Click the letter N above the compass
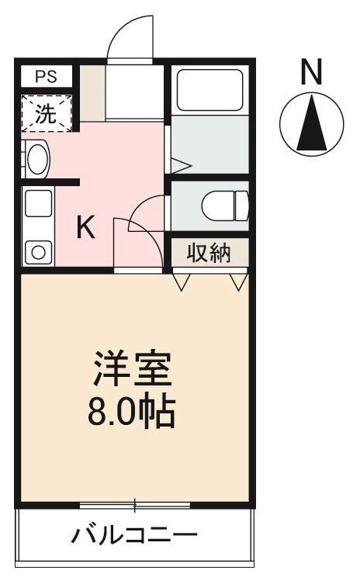(x=311, y=73)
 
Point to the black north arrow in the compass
(x=311, y=122)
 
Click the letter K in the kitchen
(x=85, y=228)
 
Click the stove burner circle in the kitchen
(x=36, y=251)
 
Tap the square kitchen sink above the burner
(x=36, y=205)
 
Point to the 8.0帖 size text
(x=132, y=412)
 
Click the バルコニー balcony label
(x=135, y=534)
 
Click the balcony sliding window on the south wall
(x=135, y=506)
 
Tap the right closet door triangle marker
(x=239, y=280)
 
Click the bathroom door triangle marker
(x=180, y=164)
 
